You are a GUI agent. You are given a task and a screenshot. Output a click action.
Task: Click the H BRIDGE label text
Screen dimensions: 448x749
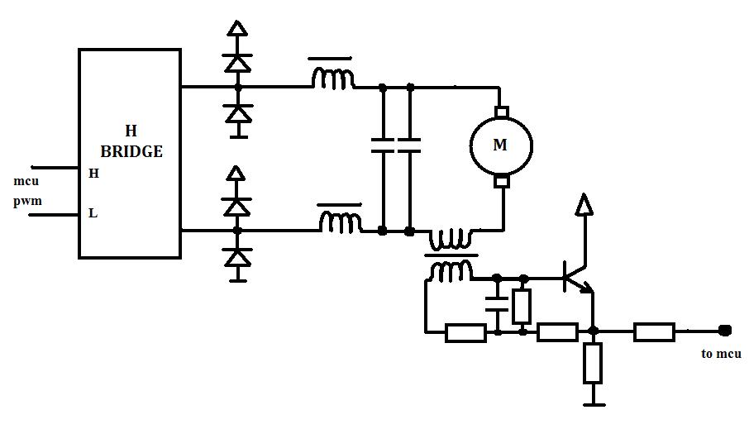point(131,141)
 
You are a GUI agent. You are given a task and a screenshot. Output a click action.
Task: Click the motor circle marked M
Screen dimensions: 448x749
point(500,145)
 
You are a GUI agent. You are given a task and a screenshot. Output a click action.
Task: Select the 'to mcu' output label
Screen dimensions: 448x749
point(721,354)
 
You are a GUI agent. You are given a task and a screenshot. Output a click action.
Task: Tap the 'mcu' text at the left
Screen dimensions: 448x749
point(26,180)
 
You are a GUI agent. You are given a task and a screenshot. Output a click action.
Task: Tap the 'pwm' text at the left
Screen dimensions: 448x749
point(27,201)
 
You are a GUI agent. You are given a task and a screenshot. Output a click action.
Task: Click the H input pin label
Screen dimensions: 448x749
point(93,174)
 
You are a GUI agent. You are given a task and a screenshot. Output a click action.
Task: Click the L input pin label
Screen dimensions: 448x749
point(93,213)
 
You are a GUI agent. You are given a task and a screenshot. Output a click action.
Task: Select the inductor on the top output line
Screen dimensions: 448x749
point(333,79)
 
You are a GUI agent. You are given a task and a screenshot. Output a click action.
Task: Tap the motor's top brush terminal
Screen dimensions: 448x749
point(500,112)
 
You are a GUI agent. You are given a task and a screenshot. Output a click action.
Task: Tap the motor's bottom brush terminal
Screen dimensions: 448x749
point(501,180)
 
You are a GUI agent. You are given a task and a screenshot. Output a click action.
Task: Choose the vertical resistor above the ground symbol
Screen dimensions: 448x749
point(593,364)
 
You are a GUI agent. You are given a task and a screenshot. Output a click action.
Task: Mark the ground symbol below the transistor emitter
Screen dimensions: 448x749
point(593,403)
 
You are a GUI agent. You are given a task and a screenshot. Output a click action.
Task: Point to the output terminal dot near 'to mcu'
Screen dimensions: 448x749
point(725,331)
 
